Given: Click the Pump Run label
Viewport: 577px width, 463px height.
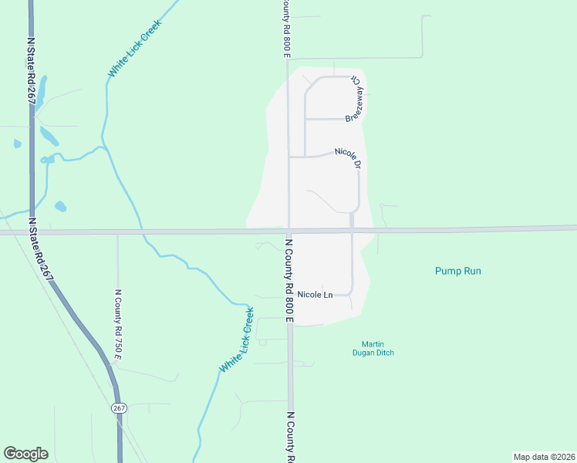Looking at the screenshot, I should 463,271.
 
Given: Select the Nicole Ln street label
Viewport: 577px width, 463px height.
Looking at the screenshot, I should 315,295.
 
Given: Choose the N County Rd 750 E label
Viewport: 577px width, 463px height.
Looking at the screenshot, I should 118,324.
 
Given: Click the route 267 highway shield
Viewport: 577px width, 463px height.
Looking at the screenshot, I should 119,407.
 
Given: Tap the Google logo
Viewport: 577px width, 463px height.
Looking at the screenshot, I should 25,454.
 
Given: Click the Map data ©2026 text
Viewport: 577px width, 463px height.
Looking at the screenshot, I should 544,457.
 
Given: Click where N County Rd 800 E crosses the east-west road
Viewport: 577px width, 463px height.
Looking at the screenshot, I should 288,231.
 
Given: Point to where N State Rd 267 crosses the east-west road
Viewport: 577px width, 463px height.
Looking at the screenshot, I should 32,231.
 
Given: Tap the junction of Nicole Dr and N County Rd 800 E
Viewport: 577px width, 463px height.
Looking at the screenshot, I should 288,157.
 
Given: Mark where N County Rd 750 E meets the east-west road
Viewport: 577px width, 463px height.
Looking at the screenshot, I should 118,231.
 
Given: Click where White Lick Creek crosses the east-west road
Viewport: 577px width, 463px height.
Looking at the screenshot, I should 140,231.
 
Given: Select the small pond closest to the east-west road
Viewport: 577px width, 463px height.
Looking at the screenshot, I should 60,206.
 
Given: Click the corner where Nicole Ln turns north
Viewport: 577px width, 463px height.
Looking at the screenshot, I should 352,293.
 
